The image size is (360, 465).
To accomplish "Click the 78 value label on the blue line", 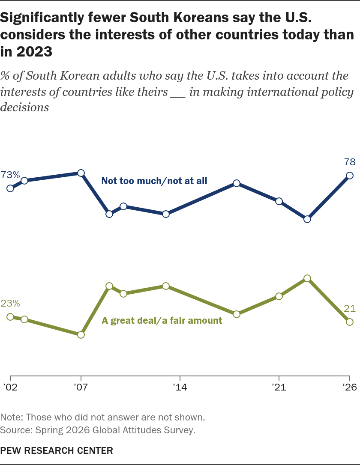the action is pyautogui.click(x=350, y=162).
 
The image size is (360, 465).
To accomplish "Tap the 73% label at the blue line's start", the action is pyautogui.click(x=10, y=175).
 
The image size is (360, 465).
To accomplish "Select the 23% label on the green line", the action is pyautogui.click(x=10, y=303).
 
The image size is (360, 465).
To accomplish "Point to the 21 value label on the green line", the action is pyautogui.click(x=350, y=309).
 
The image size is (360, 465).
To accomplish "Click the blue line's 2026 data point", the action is pyautogui.click(x=350, y=176).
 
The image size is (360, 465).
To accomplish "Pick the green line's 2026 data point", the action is pyautogui.click(x=350, y=322).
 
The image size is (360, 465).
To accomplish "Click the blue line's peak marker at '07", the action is pyautogui.click(x=81, y=173).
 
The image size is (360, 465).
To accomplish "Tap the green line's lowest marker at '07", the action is pyautogui.click(x=81, y=335).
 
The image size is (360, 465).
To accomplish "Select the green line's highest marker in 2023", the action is pyautogui.click(x=307, y=278).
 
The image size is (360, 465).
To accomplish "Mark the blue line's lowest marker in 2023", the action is pyautogui.click(x=307, y=220).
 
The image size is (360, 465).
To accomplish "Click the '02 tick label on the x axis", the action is pyautogui.click(x=10, y=387).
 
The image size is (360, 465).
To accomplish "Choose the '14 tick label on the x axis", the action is pyautogui.click(x=180, y=387).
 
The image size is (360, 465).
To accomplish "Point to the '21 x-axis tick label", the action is pyautogui.click(x=279, y=387).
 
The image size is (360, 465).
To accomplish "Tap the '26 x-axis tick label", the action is pyautogui.click(x=350, y=387).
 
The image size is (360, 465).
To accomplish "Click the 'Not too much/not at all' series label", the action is pyautogui.click(x=154, y=181).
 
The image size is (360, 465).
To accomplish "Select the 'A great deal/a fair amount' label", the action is pyautogui.click(x=162, y=321).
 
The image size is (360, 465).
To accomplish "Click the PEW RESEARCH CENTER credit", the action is pyautogui.click(x=57, y=451).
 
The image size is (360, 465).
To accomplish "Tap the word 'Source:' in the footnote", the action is pyautogui.click(x=16, y=430).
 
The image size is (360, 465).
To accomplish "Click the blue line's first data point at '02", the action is pyautogui.click(x=10, y=188).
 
